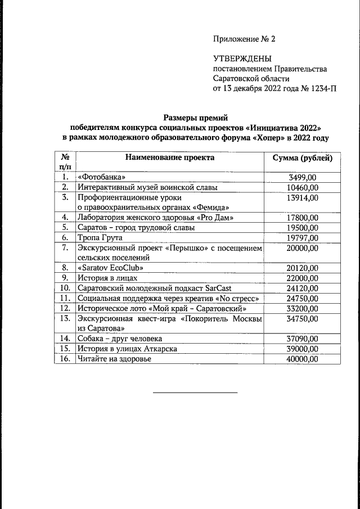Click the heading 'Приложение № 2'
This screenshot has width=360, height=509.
244,39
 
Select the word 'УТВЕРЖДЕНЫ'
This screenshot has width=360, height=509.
242,58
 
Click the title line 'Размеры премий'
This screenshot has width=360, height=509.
195,118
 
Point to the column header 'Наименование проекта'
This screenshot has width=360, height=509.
169,157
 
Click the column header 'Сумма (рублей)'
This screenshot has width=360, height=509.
303,157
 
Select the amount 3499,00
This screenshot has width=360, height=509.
303,177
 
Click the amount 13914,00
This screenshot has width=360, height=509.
303,197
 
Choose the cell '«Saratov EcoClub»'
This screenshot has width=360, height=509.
111,268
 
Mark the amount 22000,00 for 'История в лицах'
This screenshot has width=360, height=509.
303,278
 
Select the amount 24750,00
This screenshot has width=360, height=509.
303,298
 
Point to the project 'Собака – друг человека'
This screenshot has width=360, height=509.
120,339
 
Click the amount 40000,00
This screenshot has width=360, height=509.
303,359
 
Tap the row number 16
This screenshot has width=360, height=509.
65,359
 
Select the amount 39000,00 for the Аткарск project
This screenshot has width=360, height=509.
303,349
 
